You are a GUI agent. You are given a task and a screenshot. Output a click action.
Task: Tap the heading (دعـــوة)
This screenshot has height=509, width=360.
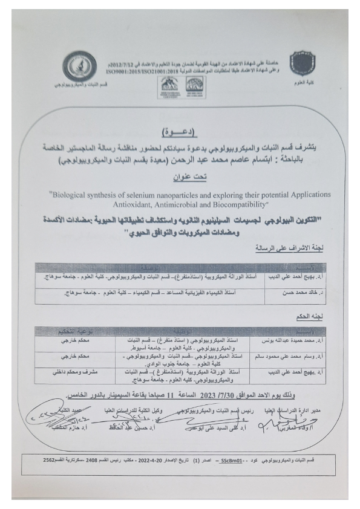click(x=180, y=131)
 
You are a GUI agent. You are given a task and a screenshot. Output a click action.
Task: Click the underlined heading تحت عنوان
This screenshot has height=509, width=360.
click(x=180, y=177)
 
